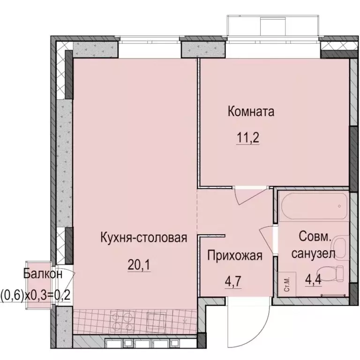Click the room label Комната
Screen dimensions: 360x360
[x=251, y=112]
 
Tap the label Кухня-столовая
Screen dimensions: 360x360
[x=144, y=238]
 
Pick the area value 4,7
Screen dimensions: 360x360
[x=233, y=283]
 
